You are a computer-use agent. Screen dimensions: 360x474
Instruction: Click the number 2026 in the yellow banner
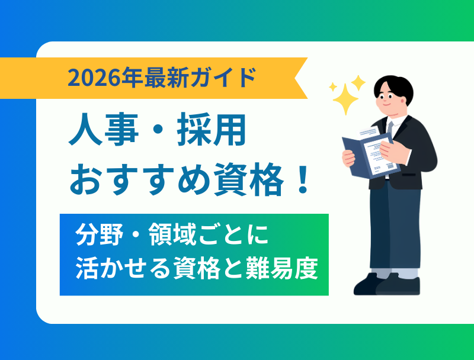(91, 78)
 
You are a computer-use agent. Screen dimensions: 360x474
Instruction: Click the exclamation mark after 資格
(303, 180)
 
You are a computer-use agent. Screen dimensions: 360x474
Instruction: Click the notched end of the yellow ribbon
(302, 78)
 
